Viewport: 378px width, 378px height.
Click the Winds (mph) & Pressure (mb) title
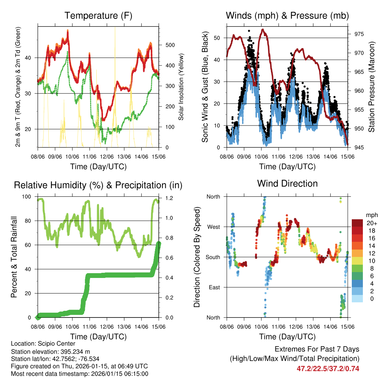point(287,16)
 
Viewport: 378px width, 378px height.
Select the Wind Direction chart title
point(287,183)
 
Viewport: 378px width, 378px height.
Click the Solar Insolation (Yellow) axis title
point(181,87)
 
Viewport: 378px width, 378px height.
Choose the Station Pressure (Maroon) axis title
point(372,87)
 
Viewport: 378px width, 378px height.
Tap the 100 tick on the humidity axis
point(28,197)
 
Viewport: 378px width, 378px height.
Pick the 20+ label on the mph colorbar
point(371,223)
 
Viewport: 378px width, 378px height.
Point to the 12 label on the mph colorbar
point(370,253)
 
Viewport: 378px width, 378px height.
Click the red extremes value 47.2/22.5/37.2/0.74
point(328,368)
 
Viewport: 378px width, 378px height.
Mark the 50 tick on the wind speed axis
point(218,38)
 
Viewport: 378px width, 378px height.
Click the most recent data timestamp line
point(79,374)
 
